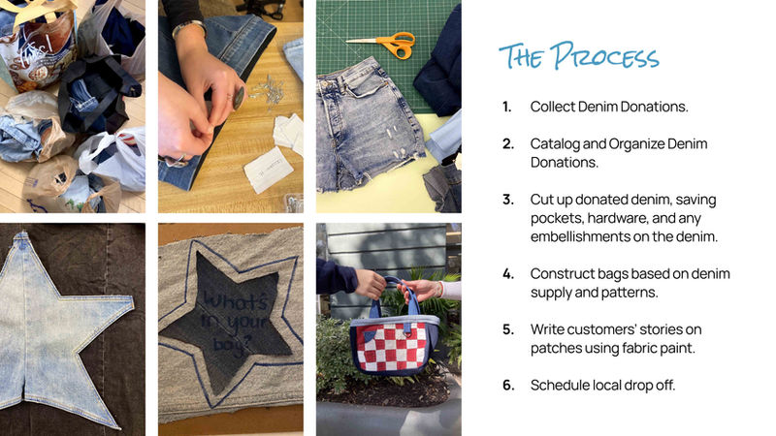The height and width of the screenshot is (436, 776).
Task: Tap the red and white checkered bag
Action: click(x=394, y=341)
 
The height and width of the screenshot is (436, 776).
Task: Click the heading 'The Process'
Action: click(x=578, y=56)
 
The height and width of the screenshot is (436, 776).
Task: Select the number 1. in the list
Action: click(x=506, y=107)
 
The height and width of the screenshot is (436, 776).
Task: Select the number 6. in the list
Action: click(x=508, y=385)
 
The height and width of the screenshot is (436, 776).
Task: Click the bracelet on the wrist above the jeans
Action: click(x=188, y=28)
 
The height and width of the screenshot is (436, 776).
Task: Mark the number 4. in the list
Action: click(x=508, y=274)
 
